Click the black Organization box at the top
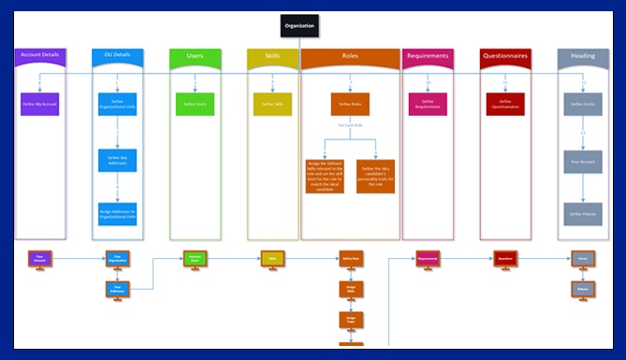300,26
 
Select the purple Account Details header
39,56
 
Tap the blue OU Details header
117,56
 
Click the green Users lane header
195,56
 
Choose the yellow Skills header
272,56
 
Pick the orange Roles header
350,56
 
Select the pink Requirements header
428,56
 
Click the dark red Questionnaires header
506,56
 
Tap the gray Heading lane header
583,56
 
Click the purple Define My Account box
39,104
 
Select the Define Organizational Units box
117,104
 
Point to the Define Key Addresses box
117,159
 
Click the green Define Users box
195,104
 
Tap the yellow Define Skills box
272,104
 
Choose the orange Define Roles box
350,104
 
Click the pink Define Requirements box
428,104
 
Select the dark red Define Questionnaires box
506,104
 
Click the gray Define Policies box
583,213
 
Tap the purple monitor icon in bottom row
39,258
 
